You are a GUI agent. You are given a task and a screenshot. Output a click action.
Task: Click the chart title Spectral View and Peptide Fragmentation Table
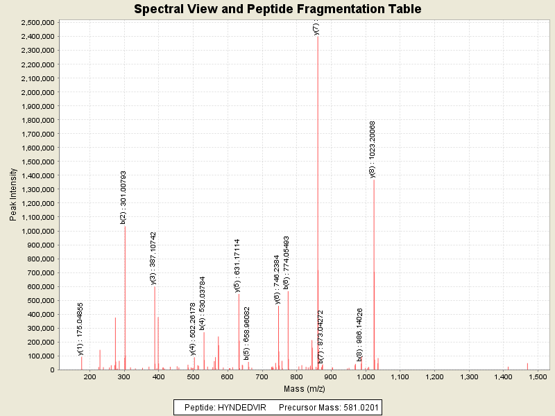[277, 9]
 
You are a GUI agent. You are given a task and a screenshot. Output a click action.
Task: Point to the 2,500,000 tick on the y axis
[38, 22]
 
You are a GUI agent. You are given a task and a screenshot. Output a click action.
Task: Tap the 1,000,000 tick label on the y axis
[38, 231]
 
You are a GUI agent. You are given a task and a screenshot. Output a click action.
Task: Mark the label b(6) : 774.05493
[287, 262]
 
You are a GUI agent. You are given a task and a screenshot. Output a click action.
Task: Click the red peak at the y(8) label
[374, 277]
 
